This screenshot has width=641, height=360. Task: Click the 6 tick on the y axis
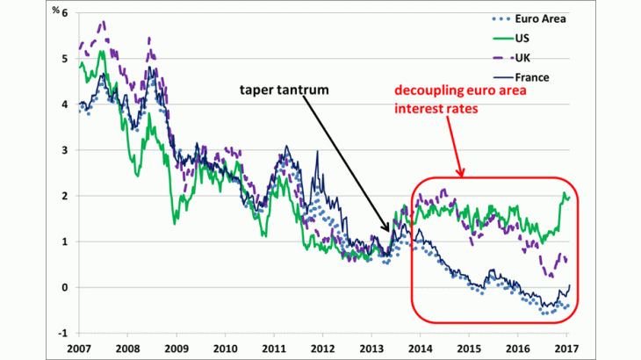coord(62,13)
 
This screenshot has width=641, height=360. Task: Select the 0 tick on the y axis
coord(62,287)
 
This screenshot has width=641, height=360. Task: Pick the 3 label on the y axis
coord(62,150)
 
